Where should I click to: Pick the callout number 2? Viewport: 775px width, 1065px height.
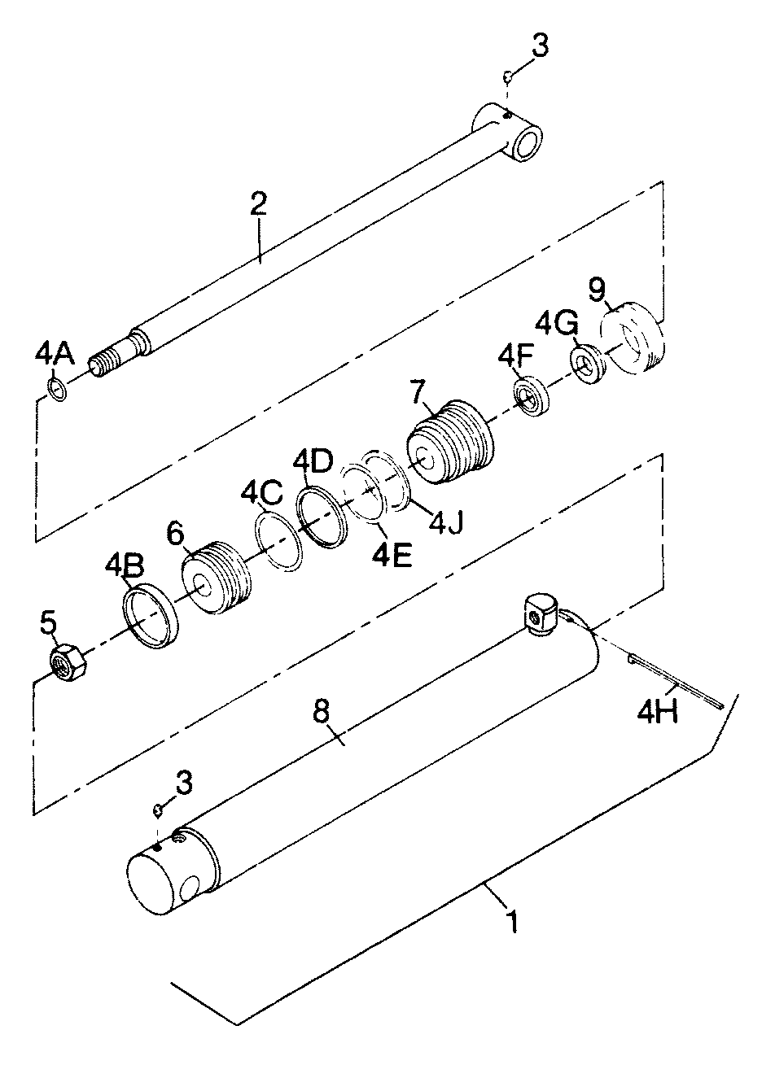[260, 203]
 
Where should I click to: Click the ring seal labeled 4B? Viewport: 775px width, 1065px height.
[151, 616]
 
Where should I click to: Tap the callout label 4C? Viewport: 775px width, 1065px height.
[261, 493]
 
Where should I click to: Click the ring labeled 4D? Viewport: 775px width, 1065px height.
[322, 517]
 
